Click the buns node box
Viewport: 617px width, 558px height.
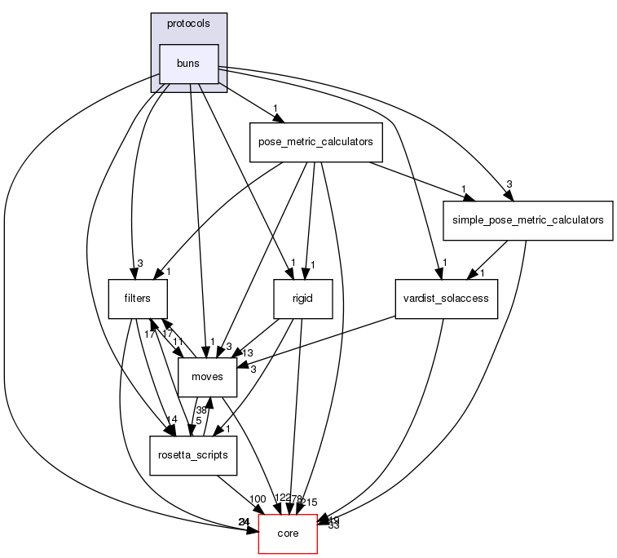click(189, 64)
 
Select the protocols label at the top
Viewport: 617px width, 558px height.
click(188, 24)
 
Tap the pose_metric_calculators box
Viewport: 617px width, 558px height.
click(315, 142)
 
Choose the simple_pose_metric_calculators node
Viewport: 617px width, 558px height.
click(527, 220)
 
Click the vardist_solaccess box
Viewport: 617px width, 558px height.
click(445, 299)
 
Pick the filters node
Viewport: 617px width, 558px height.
click(139, 299)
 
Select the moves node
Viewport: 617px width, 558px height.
click(207, 377)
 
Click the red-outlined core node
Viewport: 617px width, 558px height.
click(287, 534)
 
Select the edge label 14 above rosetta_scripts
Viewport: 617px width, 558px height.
click(172, 420)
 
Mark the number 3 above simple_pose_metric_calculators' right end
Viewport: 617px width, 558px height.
click(509, 184)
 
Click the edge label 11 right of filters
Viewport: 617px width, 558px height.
click(178, 341)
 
